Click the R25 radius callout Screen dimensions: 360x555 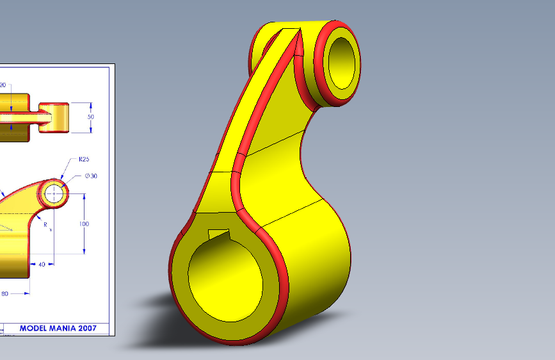click(83, 159)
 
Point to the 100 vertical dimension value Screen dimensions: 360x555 click(84, 224)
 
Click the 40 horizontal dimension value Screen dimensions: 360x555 click(42, 264)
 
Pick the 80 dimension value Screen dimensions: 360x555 click(4, 293)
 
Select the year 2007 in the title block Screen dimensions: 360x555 click(86, 328)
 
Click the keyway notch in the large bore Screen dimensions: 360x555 click(219, 234)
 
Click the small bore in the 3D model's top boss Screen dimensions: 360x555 click(341, 62)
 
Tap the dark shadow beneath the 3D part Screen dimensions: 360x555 click(154, 301)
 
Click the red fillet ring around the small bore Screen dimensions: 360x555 click(320, 90)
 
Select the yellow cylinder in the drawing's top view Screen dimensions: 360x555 click(54, 117)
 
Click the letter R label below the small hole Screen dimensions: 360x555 click(45, 224)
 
